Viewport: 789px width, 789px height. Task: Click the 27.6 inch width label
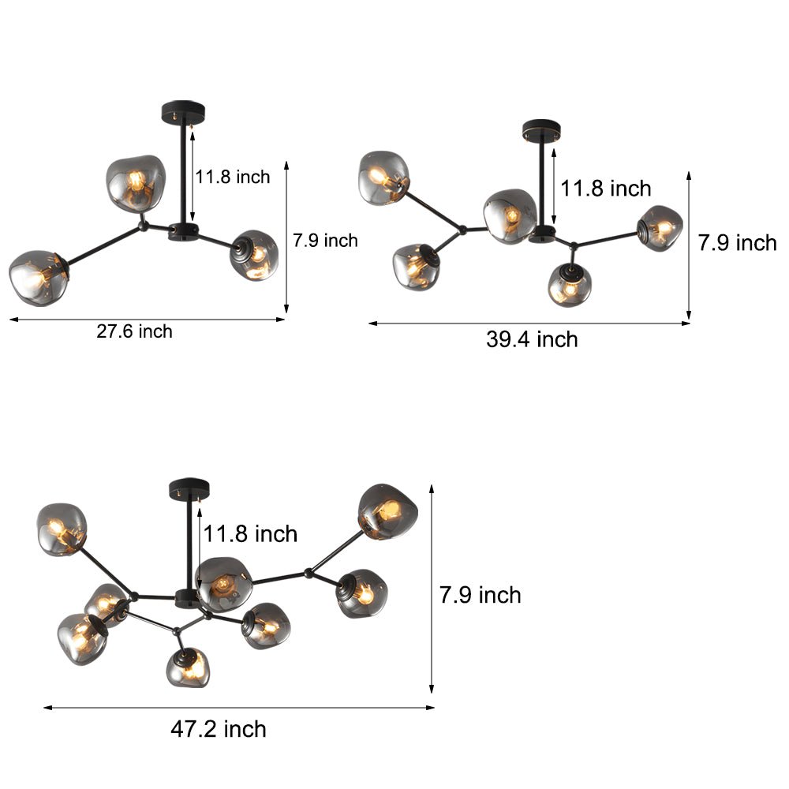134,331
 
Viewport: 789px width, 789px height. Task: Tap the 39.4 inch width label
532,339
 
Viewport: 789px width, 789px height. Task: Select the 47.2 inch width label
219,729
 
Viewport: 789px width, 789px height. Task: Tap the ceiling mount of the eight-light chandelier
189,488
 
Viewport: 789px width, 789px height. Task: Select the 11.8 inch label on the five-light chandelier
606,188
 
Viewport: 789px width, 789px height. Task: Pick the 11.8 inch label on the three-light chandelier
233,177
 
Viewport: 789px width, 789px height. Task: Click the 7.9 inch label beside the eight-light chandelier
481,594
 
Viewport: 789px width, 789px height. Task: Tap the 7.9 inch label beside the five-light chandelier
737,243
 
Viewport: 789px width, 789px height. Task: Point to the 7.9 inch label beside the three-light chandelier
325,241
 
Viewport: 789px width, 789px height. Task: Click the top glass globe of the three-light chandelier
135,182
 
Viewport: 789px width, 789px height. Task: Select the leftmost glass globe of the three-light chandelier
37,278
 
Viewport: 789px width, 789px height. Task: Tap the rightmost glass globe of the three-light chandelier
255,255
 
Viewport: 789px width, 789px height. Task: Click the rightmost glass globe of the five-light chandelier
660,227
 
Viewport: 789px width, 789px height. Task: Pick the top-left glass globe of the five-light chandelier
383,177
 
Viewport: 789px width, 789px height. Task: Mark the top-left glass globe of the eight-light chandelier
62,528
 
